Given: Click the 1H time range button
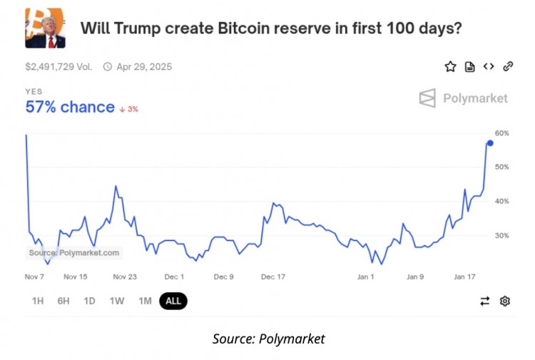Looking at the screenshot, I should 38,301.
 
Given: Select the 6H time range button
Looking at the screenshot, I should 63,301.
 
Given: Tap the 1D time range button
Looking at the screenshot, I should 89,301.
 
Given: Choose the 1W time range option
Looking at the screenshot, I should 117,301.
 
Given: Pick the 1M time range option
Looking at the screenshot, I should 145,301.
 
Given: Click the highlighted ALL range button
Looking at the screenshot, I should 173,301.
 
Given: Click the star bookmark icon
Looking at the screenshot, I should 450,66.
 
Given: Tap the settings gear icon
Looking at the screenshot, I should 505,301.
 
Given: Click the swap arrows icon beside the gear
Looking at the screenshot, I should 485,301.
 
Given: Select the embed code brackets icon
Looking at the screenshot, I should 489,66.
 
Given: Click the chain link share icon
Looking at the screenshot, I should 508,66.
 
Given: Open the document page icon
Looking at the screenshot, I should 469,66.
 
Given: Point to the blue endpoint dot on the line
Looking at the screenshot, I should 489,143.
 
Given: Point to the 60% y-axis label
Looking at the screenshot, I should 501,133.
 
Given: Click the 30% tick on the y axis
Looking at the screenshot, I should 501,235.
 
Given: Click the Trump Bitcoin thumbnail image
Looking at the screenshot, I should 45,29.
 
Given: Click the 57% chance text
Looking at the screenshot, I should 70,108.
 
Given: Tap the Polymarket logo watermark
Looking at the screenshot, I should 464,98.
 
